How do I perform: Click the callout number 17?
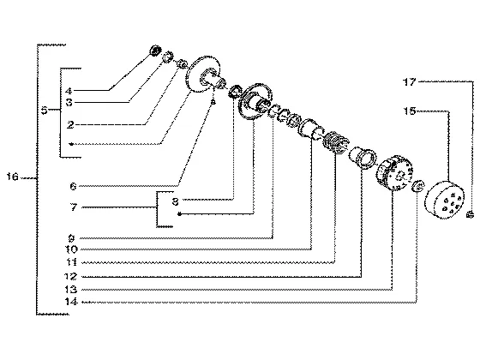click(410, 81)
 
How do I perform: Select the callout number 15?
click(410, 111)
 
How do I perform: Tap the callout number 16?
click(13, 177)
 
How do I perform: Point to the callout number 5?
click(45, 111)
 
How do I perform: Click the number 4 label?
click(69, 91)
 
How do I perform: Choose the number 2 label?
click(70, 124)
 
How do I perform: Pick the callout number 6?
click(73, 186)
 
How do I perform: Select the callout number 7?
click(74, 207)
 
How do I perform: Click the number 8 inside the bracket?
click(175, 201)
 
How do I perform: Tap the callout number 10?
click(71, 249)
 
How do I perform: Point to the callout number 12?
click(70, 276)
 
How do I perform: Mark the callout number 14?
click(71, 302)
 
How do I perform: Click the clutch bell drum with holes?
click(445, 201)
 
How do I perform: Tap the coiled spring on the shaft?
click(336, 142)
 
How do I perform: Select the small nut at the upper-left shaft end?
click(155, 51)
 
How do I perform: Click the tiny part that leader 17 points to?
click(470, 214)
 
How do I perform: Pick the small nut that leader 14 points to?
click(418, 186)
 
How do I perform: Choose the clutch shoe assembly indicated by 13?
click(394, 172)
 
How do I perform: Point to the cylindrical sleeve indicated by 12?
click(363, 158)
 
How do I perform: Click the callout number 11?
click(72, 262)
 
